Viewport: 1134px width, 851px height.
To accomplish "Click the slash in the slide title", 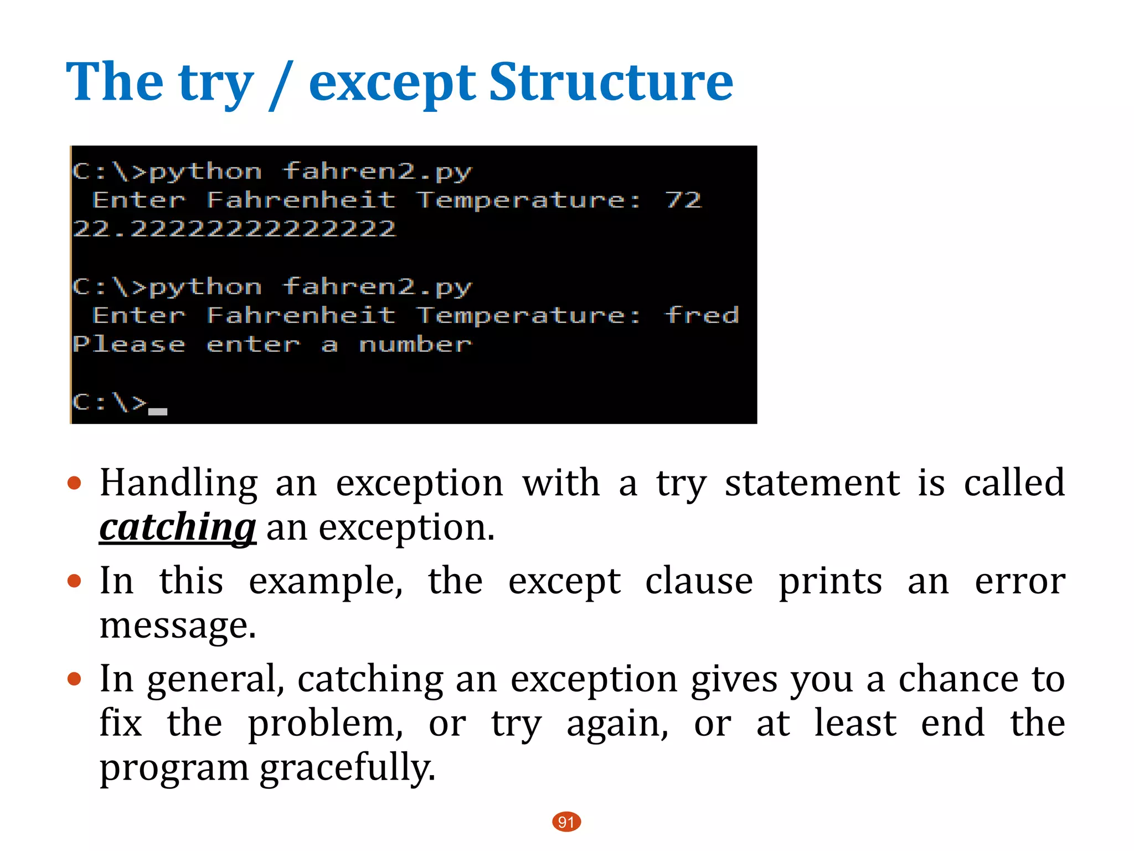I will click(281, 86).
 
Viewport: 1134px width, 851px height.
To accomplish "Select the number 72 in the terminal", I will click(684, 200).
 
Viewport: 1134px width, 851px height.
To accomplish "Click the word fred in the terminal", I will click(702, 315).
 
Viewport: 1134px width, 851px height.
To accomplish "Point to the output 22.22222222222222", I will click(234, 229).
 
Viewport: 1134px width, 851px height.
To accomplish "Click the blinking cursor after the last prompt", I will click(158, 411).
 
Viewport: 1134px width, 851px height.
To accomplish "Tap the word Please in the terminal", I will click(128, 344).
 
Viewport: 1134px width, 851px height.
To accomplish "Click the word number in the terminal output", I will click(415, 344).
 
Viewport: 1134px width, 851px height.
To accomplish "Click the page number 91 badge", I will click(566, 822).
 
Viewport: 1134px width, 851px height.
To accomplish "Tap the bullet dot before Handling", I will click(74, 483).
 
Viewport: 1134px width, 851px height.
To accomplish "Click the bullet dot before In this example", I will click(74, 581).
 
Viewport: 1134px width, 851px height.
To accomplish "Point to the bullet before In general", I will click(74, 679).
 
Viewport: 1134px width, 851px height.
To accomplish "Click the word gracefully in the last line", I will click(348, 768).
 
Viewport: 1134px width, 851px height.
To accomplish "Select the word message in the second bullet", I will click(178, 626).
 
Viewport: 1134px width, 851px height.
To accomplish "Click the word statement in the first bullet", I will click(812, 483).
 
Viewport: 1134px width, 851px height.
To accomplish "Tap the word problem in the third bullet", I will click(325, 723).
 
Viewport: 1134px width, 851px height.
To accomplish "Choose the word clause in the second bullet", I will click(699, 581).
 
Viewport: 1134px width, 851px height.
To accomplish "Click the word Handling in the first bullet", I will click(179, 483).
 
